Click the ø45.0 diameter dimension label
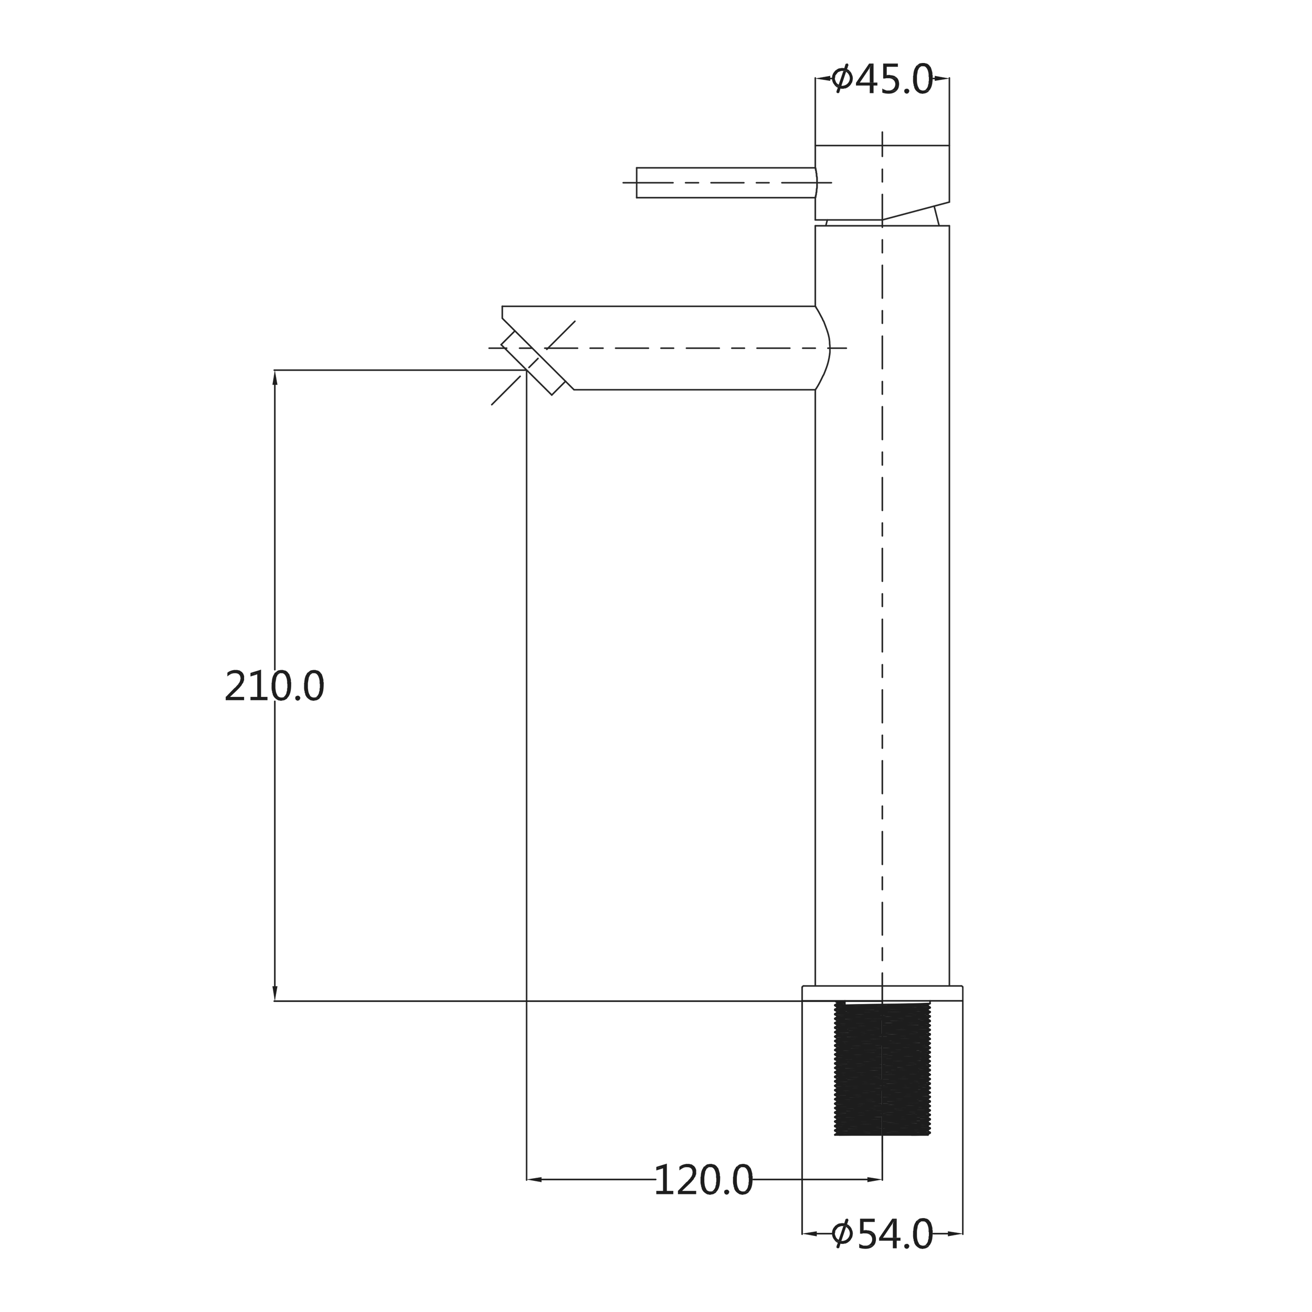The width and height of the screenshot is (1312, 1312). pyautogui.click(x=882, y=80)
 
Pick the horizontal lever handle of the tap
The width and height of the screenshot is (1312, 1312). pyautogui.click(x=726, y=183)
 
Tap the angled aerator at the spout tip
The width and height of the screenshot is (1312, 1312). pyautogui.click(x=533, y=363)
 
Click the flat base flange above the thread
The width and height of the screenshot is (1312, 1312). pyautogui.click(x=882, y=993)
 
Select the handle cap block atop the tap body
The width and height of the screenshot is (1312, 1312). pyautogui.click(x=882, y=182)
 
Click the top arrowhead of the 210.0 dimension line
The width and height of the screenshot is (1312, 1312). pyautogui.click(x=274, y=377)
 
